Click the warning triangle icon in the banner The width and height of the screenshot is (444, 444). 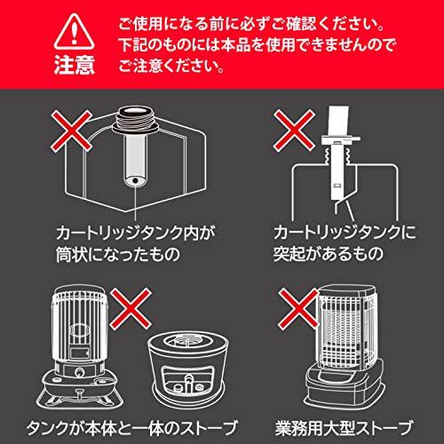[74, 32]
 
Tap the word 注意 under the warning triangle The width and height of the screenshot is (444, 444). [75, 65]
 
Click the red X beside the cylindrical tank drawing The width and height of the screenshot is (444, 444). [72, 131]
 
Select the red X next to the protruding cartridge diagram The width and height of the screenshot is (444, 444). [294, 131]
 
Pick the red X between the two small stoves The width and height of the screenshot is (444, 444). [131, 309]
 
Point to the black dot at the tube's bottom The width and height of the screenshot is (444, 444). [135, 180]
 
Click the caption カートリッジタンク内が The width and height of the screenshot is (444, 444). [136, 233]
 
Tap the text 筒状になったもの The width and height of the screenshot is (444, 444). [118, 254]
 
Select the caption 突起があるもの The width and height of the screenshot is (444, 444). [328, 253]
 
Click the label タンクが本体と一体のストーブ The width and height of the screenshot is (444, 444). [132, 427]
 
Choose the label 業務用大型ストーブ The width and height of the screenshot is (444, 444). [344, 427]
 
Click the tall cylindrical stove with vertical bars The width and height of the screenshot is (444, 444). [79, 346]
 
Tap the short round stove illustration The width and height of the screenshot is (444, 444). [188, 366]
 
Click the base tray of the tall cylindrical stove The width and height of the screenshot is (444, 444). [79, 397]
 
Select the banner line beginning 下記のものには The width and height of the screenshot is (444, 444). [257, 45]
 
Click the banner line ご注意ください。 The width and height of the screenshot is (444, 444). [171, 66]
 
